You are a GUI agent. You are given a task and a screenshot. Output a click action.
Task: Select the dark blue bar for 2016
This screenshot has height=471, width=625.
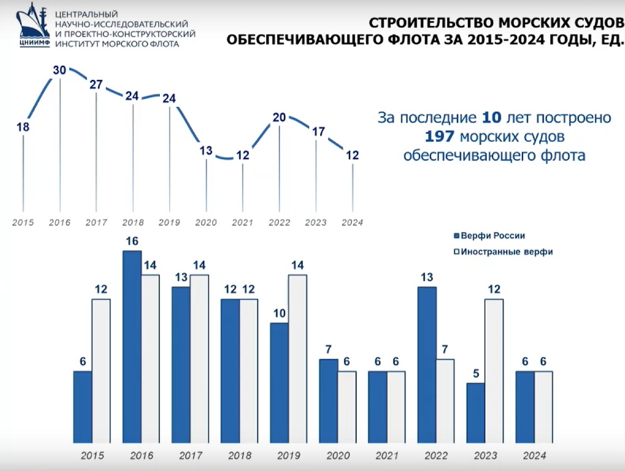(x=132, y=346)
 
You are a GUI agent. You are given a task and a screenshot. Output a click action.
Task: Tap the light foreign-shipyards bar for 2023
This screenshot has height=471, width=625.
(x=494, y=370)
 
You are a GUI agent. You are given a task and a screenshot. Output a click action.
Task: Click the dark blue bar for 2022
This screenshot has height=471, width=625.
(x=427, y=365)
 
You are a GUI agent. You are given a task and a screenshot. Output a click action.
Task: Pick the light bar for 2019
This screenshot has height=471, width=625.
(x=297, y=358)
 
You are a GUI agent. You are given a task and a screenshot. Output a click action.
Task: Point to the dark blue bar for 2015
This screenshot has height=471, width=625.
(x=83, y=407)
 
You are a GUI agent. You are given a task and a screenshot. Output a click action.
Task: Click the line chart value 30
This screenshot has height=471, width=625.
(x=59, y=70)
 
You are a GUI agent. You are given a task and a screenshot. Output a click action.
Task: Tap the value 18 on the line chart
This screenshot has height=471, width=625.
(x=23, y=127)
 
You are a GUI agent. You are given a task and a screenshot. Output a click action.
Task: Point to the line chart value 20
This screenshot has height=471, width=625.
(x=279, y=117)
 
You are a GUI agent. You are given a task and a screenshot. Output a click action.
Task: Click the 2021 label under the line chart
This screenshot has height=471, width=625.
(x=242, y=223)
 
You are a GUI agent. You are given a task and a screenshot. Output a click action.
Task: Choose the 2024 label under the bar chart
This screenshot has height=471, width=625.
(x=534, y=456)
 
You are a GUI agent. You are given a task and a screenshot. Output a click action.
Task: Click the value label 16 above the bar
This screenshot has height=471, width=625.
(x=132, y=241)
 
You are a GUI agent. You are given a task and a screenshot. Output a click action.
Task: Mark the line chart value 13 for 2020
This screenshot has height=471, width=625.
(x=206, y=151)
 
